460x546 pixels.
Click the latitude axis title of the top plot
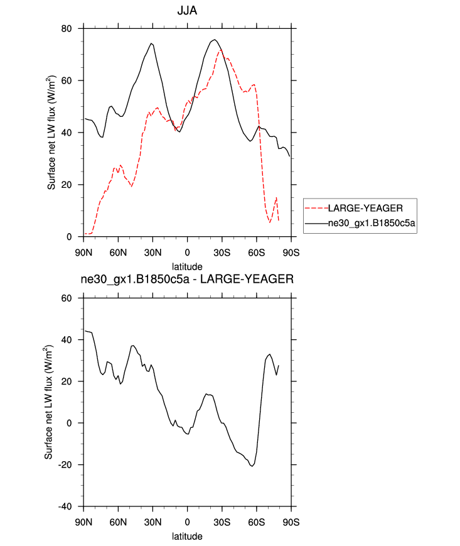[187, 266]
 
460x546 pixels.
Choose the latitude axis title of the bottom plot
[187, 537]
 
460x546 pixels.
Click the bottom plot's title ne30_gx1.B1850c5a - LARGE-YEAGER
[187, 280]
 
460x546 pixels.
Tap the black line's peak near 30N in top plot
[152, 43]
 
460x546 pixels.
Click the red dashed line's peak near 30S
[220, 51]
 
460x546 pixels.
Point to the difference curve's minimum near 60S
[252, 466]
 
